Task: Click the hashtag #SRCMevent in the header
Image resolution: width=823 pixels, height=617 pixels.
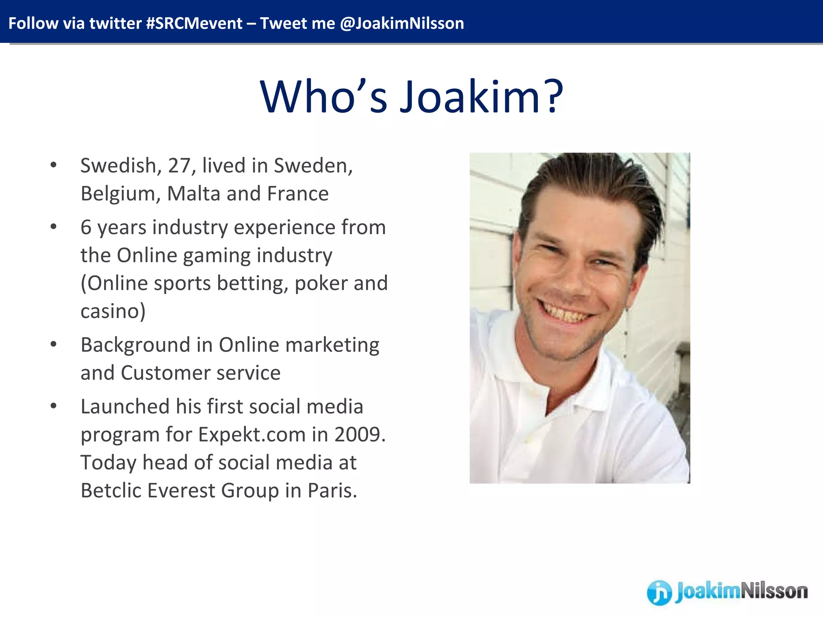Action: pyautogui.click(x=194, y=23)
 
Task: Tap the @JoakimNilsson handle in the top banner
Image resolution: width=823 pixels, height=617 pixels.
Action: pyautogui.click(x=402, y=23)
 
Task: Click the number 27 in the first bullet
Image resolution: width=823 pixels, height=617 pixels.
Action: pyautogui.click(x=179, y=165)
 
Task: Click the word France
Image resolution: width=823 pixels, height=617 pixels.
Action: pyautogui.click(x=298, y=194)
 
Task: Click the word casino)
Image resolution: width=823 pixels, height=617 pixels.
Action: pyautogui.click(x=113, y=311)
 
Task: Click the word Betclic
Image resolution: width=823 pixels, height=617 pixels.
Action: pyautogui.click(x=107, y=490)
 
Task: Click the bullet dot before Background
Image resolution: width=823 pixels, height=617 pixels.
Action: pyautogui.click(x=53, y=345)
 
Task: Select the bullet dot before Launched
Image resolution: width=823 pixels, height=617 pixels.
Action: pyautogui.click(x=53, y=406)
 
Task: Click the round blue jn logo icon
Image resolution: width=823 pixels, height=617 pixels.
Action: pyautogui.click(x=659, y=592)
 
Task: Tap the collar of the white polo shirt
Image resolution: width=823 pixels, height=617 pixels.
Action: pyautogui.click(x=522, y=386)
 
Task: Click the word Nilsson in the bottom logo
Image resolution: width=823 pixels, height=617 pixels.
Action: pyautogui.click(x=774, y=591)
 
